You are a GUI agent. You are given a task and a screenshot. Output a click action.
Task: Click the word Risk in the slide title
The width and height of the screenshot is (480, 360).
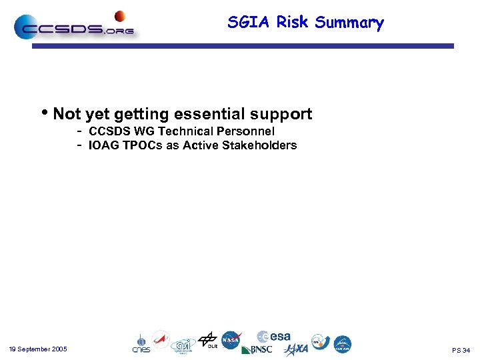pyautogui.click(x=292, y=22)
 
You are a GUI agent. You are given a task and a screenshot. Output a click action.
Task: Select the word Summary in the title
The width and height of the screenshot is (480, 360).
pyautogui.click(x=349, y=23)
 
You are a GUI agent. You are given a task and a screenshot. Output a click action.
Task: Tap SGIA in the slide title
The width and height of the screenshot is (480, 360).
pyautogui.click(x=250, y=22)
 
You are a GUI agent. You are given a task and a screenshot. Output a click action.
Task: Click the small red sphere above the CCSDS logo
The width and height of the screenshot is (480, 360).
pyautogui.click(x=120, y=16)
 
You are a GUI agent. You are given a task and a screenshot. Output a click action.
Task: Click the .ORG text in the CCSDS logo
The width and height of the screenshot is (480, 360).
pyautogui.click(x=119, y=30)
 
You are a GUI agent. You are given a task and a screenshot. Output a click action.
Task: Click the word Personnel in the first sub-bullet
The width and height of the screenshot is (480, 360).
pyautogui.click(x=245, y=131)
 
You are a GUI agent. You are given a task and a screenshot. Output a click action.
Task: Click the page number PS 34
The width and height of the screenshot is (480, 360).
pyautogui.click(x=461, y=350)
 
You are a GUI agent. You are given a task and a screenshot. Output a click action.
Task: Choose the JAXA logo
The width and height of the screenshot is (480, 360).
pyautogui.click(x=296, y=349)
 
